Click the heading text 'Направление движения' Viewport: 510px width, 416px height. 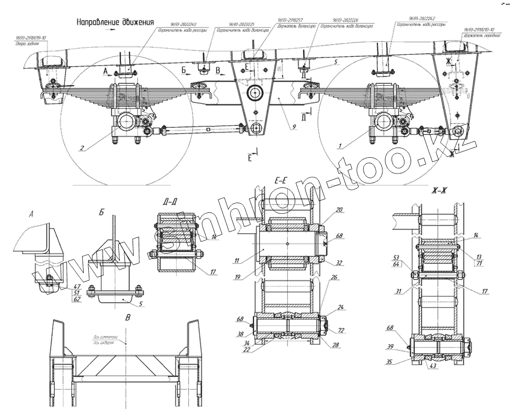(x=115, y=22)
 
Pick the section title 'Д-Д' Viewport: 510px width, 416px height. (x=170, y=203)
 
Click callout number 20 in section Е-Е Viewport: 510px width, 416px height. (x=340, y=210)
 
